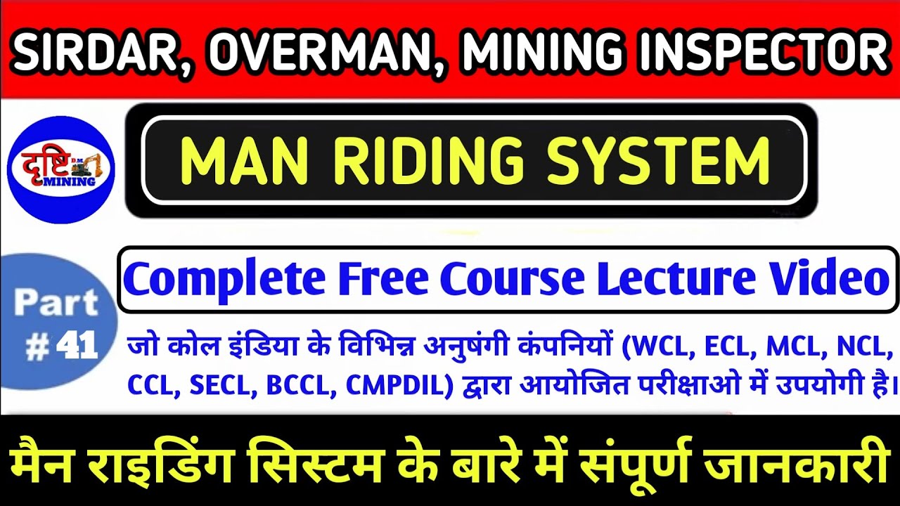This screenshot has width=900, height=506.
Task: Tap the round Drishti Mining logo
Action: [x=60, y=170]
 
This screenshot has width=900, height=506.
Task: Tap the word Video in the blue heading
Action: [x=832, y=278]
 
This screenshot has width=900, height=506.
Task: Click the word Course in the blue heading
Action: [x=513, y=278]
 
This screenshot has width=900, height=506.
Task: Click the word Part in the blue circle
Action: [x=56, y=303]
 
